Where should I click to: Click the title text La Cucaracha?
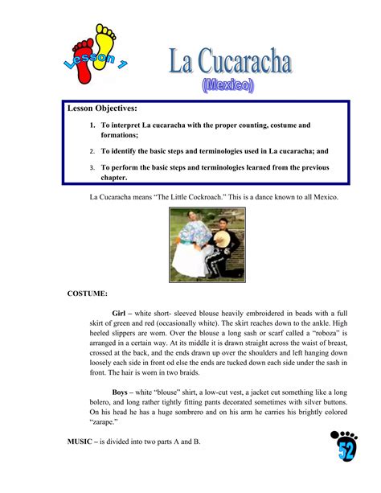(229, 62)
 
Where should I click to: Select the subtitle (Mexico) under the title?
(227, 83)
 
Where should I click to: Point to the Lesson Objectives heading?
(102, 108)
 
